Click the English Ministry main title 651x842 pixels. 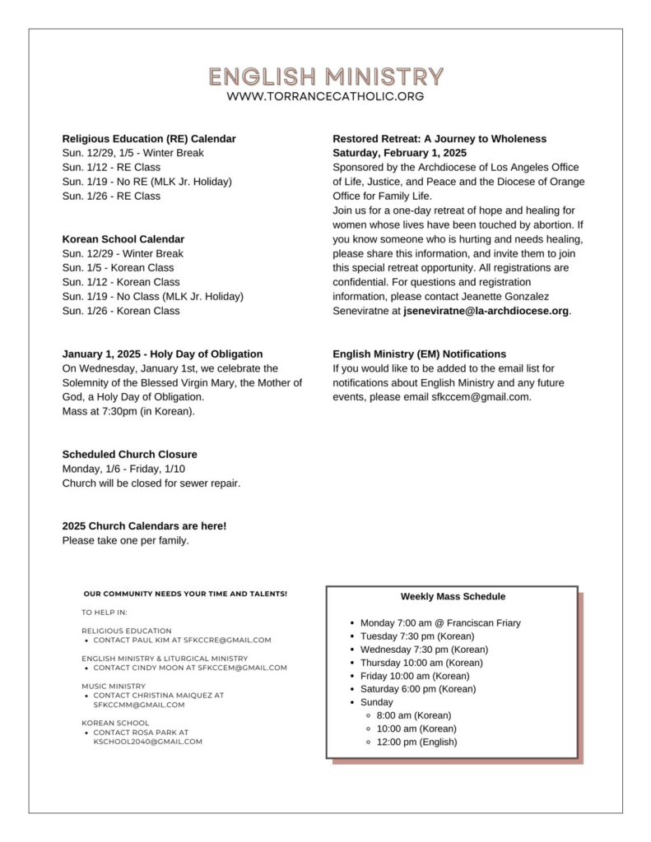325,77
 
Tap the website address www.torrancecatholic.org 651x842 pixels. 325,96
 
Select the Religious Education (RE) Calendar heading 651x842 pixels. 149,139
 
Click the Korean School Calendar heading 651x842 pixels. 123,239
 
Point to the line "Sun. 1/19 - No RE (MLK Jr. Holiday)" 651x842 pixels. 146,182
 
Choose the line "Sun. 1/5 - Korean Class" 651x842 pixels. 118,268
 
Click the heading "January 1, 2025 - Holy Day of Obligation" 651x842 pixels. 162,354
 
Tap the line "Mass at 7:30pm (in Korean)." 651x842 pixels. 128,411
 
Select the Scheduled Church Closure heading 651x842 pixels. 129,455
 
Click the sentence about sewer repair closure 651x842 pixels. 151,483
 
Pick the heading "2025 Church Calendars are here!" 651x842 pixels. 144,526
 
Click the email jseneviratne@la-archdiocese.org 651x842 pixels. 486,311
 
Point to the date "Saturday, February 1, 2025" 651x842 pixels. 399,153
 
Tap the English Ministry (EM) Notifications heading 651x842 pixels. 420,354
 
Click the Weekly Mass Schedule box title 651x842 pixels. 453,597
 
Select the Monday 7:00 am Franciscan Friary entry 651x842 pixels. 440,623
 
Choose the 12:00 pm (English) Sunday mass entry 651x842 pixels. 416,742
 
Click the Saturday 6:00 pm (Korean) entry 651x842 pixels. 418,689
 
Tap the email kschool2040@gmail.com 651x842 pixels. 147,742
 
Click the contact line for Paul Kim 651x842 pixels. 182,640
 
